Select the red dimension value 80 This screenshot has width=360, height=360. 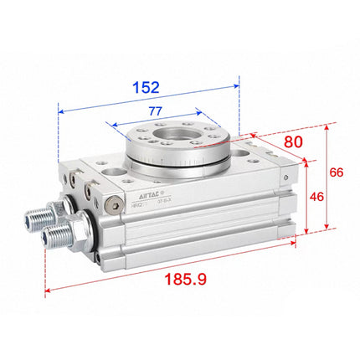point(292,142)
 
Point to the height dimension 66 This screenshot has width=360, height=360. point(336,172)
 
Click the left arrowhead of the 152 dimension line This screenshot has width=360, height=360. point(60,108)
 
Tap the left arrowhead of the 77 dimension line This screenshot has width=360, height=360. point(108,121)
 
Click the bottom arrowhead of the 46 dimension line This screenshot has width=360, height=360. point(306,232)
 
